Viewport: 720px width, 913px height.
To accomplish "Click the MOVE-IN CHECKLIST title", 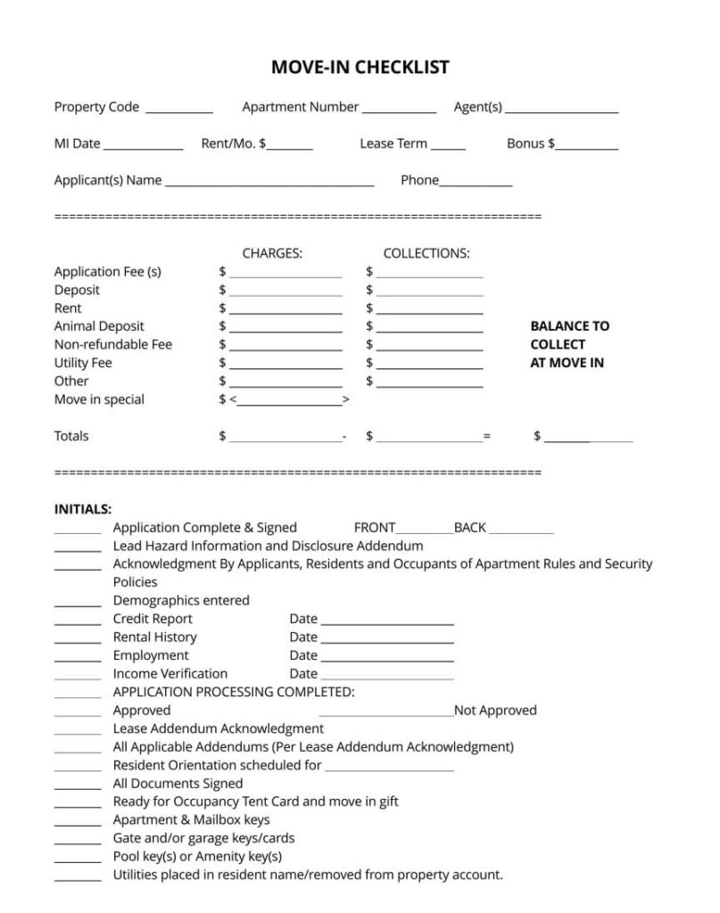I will coord(360,68).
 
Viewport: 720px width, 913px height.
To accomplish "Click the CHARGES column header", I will coord(272,253).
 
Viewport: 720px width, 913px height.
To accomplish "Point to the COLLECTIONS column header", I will coord(426,253).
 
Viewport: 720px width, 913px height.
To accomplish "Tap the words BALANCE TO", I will coord(569,326).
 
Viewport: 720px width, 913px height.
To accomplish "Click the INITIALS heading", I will coord(83,509).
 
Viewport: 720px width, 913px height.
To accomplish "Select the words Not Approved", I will coord(495,711).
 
